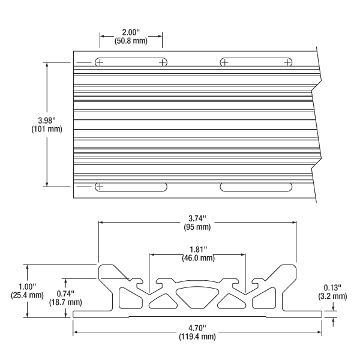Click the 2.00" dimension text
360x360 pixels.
[131, 31]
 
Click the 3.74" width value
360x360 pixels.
[197, 218]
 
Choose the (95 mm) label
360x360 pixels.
[197, 227]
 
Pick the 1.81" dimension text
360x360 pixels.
[197, 249]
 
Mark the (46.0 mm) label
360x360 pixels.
[197, 259]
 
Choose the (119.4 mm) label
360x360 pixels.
[197, 338]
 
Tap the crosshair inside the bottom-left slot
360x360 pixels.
[100, 187]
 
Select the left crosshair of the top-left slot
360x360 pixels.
[100, 62]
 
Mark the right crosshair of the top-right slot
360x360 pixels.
[288, 62]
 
